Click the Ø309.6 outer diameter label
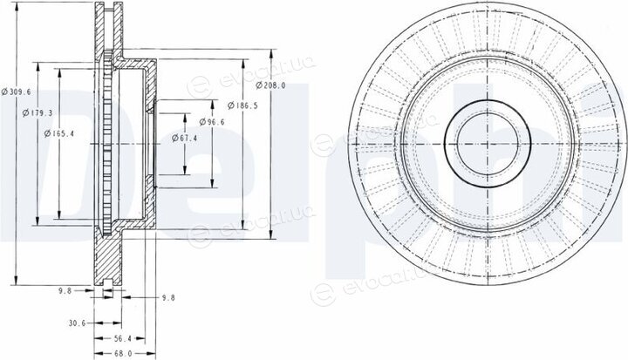click(x=16, y=92)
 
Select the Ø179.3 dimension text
click(x=38, y=113)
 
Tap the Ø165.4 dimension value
click(x=59, y=133)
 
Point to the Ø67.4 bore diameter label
click(x=184, y=138)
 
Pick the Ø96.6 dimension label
click(x=212, y=122)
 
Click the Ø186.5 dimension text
click(x=242, y=105)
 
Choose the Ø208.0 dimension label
click(x=270, y=85)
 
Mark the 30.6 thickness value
click(x=77, y=323)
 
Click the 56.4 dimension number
click(x=123, y=339)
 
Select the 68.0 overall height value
click(x=123, y=354)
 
